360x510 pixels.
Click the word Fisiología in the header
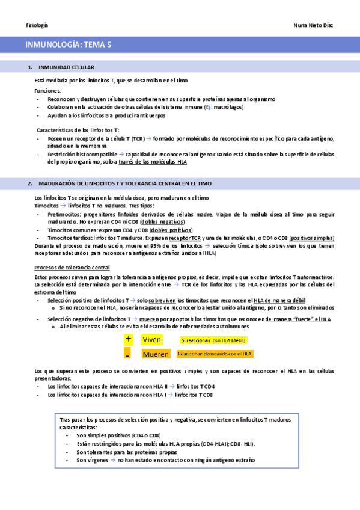pyautogui.click(x=37, y=25)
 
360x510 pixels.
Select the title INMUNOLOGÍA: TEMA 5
pyautogui.click(x=69, y=45)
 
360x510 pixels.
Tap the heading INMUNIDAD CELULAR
pyautogui.click(x=66, y=67)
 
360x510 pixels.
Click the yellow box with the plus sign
pyautogui.click(x=128, y=339)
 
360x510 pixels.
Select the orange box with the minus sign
pyautogui.click(x=128, y=354)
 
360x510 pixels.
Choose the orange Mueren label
pyautogui.click(x=156, y=354)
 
